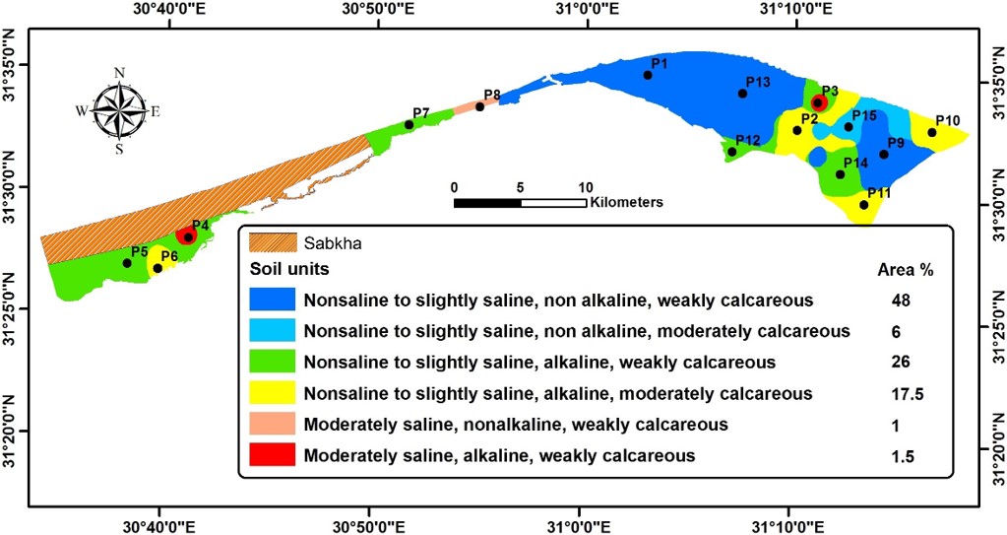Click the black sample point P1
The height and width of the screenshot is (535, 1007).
[x=648, y=75]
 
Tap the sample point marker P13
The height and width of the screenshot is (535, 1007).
[x=742, y=94]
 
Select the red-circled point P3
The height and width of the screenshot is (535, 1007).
[x=818, y=102]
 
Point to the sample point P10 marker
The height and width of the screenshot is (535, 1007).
[x=932, y=132]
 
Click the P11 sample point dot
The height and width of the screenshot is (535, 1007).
[x=864, y=205]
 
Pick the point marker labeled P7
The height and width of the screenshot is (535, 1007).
[x=409, y=124]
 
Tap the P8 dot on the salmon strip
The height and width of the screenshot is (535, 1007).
[x=480, y=106]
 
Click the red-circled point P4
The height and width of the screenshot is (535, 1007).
[x=188, y=236]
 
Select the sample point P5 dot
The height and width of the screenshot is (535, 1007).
[x=127, y=263]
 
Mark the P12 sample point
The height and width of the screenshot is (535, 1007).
[x=731, y=152]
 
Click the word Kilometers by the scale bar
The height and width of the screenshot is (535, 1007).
[x=627, y=202]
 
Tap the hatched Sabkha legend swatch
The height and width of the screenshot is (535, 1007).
[x=271, y=241]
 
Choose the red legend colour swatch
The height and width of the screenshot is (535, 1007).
[x=272, y=456]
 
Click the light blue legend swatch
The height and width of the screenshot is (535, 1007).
[x=272, y=331]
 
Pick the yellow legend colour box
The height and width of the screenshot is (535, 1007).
[x=272, y=394]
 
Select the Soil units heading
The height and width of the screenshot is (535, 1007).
[x=289, y=268]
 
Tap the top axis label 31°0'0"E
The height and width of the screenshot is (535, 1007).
[x=587, y=11]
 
